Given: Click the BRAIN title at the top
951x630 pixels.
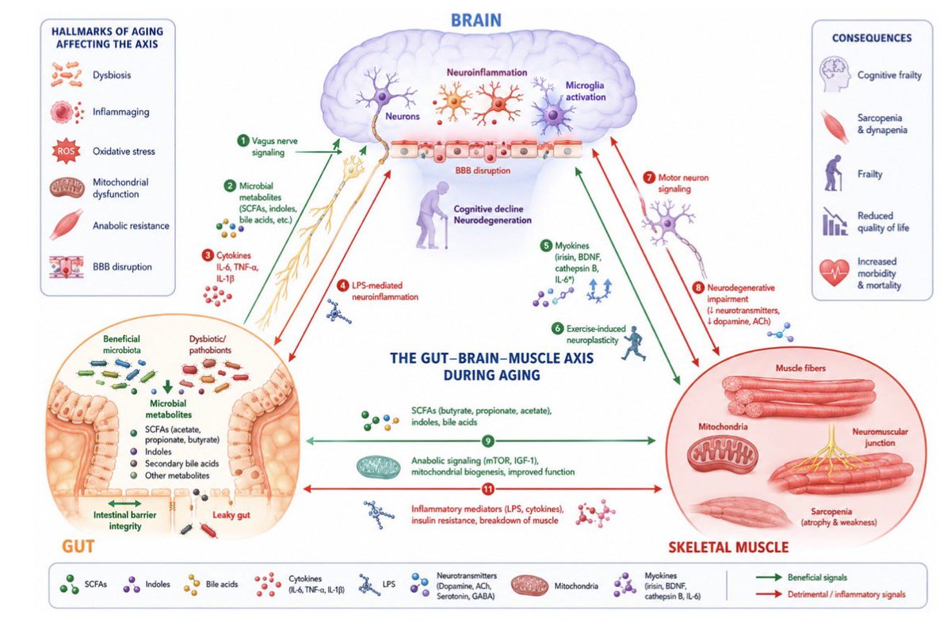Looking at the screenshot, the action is (476, 21).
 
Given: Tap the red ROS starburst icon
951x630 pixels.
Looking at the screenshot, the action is (66, 151).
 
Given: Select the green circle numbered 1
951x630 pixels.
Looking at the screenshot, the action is (243, 140).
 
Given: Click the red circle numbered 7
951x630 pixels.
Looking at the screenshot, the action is (649, 178).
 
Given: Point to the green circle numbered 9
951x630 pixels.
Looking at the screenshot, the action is (488, 441).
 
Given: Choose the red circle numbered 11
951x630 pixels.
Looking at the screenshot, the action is (488, 489).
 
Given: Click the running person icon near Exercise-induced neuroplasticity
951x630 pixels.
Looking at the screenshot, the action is (634, 343).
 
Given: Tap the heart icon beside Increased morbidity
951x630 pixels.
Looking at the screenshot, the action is (835, 273).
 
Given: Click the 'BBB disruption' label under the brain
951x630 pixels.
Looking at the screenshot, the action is (483, 170).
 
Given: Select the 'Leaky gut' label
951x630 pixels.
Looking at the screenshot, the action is (231, 515).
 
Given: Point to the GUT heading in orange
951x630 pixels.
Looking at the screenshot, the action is (78, 546).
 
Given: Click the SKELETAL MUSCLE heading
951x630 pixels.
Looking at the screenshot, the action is (728, 548).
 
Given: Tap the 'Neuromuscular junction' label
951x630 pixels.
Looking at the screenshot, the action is (880, 437).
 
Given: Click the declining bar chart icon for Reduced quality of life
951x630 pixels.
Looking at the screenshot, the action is (835, 222).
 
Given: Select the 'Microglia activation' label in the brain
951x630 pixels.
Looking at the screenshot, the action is (586, 91).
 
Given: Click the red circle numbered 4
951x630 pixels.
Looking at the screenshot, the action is (343, 285).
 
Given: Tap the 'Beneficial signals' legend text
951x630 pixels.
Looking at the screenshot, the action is (817, 578).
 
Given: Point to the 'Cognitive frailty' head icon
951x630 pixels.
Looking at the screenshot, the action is (835, 74).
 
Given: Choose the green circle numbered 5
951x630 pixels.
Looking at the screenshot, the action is (546, 246).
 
